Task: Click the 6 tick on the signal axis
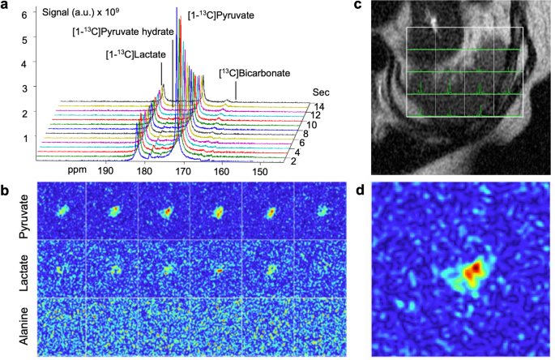[x=24, y=15]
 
